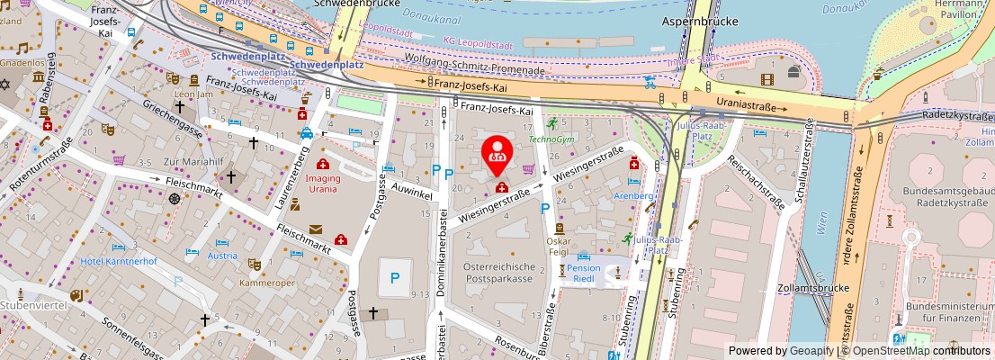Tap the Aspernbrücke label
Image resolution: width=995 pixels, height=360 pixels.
(x=700, y=20)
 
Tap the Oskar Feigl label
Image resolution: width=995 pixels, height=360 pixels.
(x=559, y=246)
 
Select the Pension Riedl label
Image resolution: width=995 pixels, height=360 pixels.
(x=584, y=274)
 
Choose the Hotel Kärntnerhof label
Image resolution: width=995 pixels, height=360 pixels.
(x=120, y=261)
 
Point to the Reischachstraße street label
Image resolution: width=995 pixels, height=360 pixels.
(x=757, y=181)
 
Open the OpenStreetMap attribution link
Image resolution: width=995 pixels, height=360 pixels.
(x=892, y=351)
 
